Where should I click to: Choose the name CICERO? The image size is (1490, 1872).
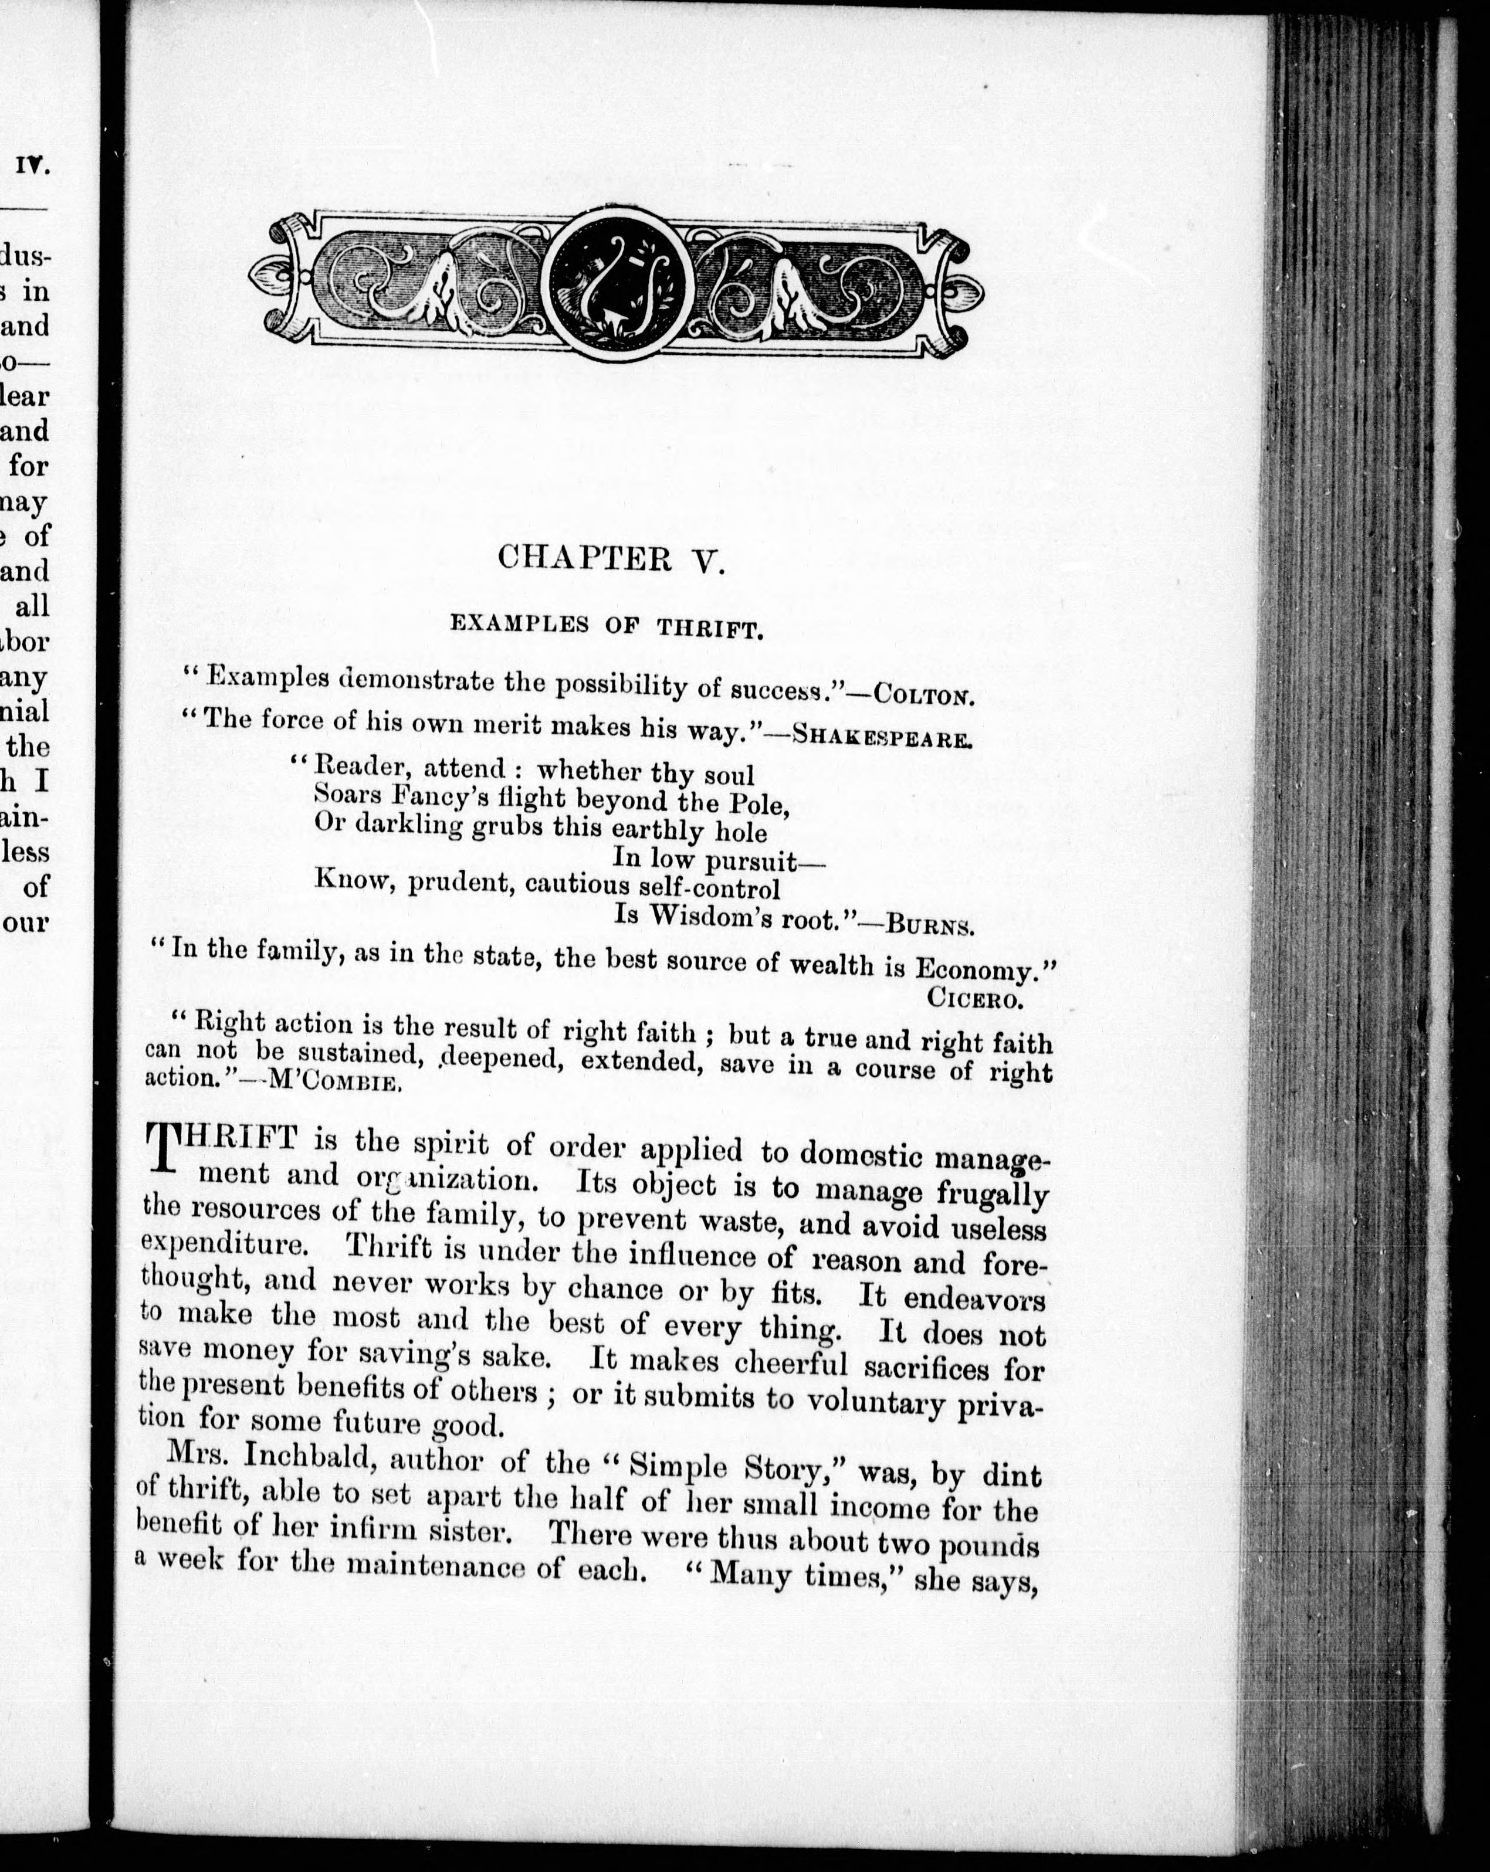click(x=976, y=999)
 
